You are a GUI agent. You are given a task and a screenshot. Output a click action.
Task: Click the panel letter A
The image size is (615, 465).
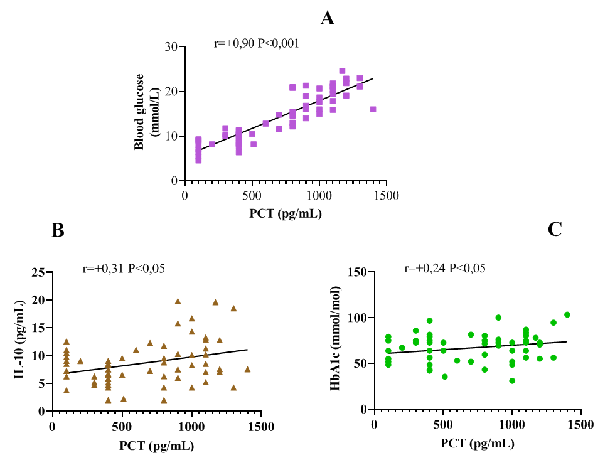click(x=327, y=18)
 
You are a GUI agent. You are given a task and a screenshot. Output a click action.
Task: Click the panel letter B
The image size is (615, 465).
click(x=58, y=231)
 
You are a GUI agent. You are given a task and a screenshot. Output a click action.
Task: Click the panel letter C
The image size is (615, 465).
click(x=555, y=230)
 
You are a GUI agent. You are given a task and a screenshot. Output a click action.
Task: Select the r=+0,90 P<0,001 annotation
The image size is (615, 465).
click(x=256, y=43)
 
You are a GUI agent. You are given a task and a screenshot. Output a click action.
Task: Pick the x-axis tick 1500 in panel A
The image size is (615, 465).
click(x=387, y=195)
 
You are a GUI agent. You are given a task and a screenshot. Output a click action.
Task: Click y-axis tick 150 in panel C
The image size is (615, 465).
click(x=356, y=272)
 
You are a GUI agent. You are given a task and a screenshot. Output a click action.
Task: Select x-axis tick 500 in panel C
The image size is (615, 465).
click(x=443, y=424)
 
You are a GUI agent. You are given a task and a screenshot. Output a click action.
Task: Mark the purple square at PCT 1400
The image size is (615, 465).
click(x=373, y=109)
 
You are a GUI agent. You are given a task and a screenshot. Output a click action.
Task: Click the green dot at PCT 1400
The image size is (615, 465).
click(x=567, y=315)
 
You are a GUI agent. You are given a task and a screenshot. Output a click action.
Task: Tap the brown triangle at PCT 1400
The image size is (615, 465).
click(x=247, y=370)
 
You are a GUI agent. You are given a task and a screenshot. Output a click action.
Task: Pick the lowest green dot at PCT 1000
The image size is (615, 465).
click(x=512, y=381)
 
